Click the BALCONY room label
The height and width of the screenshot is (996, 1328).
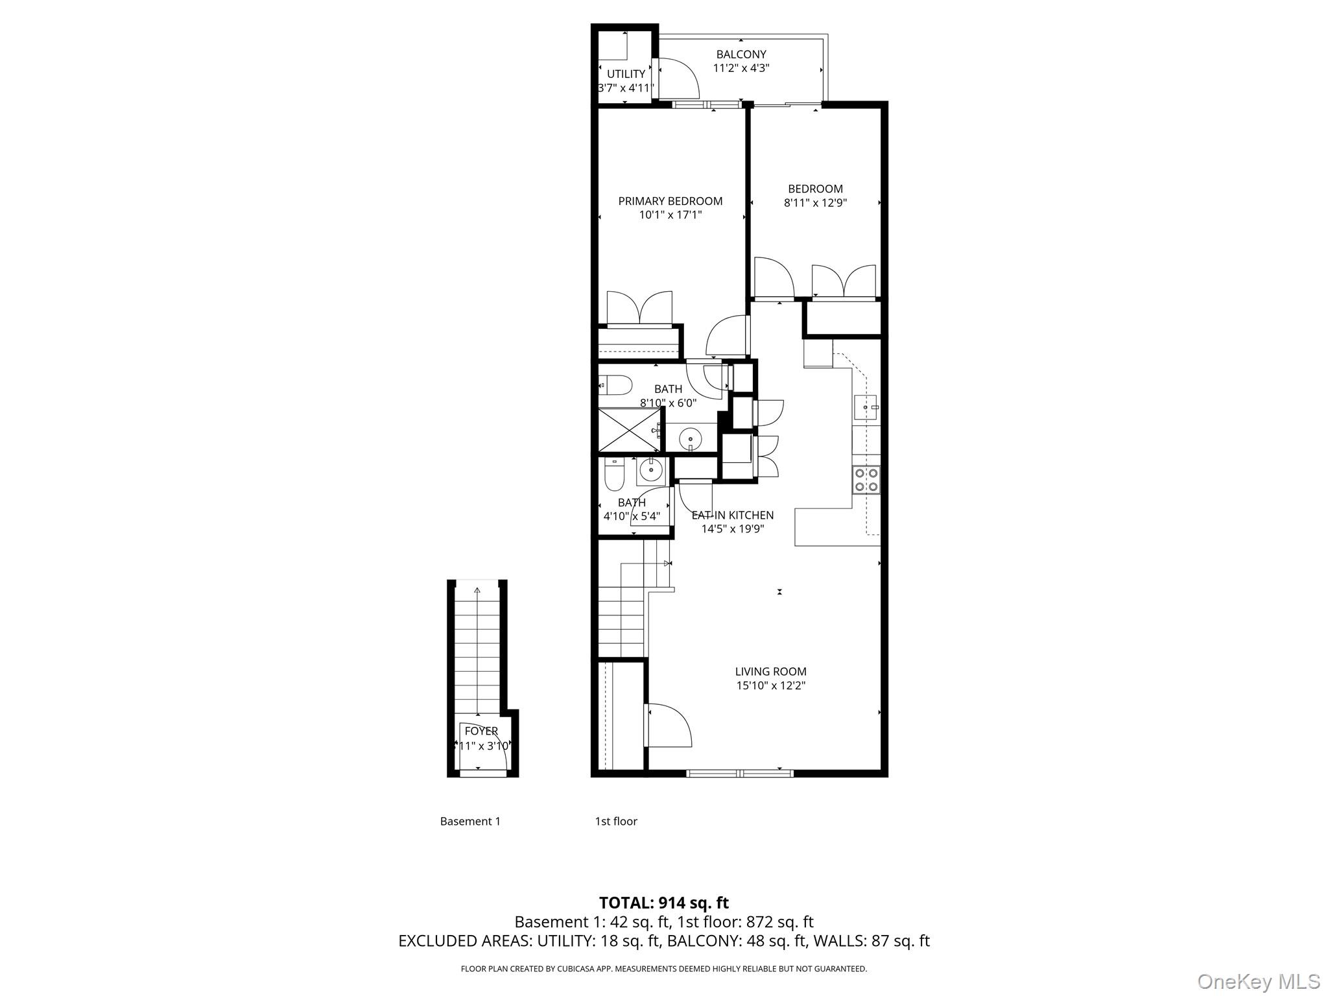741,54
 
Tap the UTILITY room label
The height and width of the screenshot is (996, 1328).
626,74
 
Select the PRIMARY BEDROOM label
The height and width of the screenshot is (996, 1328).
670,201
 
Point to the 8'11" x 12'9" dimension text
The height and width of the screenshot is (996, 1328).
815,203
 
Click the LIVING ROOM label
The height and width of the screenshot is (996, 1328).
770,672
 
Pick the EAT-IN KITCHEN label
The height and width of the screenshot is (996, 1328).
733,516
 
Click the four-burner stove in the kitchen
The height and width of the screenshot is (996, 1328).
866,480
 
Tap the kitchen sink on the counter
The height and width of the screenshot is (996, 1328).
866,407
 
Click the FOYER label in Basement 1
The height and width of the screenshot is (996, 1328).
481,731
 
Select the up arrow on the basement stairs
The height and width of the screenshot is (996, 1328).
477,590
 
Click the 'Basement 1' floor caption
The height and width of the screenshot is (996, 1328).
470,822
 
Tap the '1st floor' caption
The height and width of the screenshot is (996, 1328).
616,822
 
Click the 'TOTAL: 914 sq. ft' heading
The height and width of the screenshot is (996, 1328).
663,903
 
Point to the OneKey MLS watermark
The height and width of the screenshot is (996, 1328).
1258,982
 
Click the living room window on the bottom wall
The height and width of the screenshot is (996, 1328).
740,773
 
